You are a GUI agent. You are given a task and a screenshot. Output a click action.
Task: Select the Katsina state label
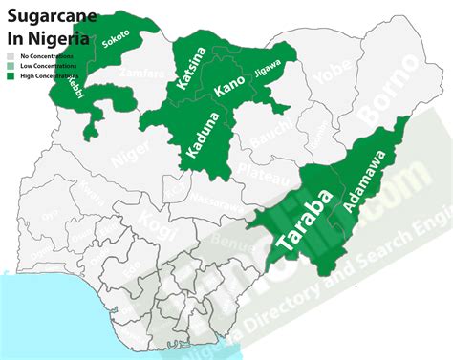click(190, 69)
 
